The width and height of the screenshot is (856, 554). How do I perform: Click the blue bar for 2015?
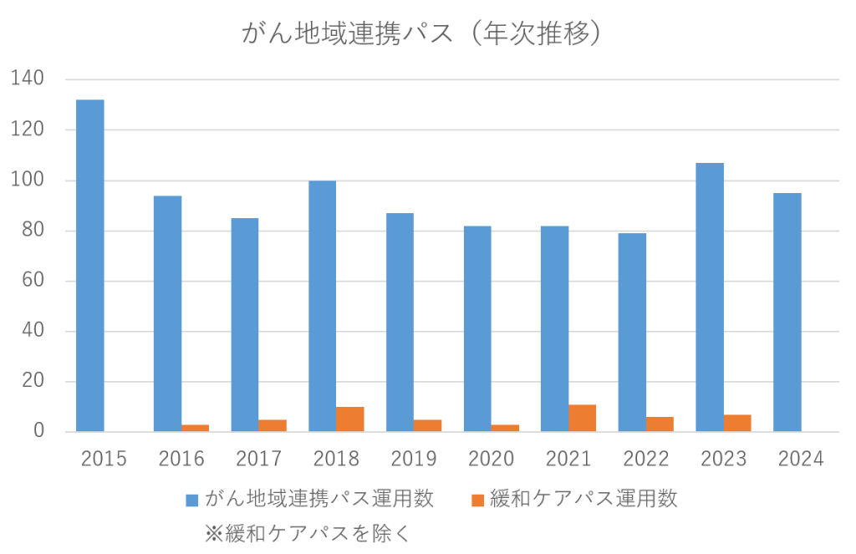pyautogui.click(x=90, y=266)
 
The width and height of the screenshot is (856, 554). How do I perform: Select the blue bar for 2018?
pyautogui.click(x=322, y=306)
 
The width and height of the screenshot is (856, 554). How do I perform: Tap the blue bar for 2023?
pyautogui.click(x=710, y=297)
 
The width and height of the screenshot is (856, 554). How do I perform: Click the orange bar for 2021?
pyautogui.click(x=582, y=418)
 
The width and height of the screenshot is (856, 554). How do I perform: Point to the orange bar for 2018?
pyautogui.click(x=349, y=419)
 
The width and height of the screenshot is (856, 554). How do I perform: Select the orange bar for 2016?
pyautogui.click(x=195, y=428)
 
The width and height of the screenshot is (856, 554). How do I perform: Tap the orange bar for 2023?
pyautogui.click(x=737, y=423)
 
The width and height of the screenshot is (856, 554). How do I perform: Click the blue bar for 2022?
pyautogui.click(x=632, y=333)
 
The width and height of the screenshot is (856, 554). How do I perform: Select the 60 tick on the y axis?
pyautogui.click(x=33, y=281)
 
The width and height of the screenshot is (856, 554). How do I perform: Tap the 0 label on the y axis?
pyautogui.click(x=38, y=432)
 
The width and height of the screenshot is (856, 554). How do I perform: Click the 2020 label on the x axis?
pyautogui.click(x=491, y=459)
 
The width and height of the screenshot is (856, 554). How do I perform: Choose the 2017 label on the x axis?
pyautogui.click(x=258, y=459)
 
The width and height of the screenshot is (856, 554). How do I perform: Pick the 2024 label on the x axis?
pyautogui.click(x=801, y=459)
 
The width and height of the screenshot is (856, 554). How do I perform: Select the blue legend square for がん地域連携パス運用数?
pyautogui.click(x=192, y=501)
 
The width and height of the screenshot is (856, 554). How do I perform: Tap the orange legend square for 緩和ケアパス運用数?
pyautogui.click(x=477, y=501)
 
